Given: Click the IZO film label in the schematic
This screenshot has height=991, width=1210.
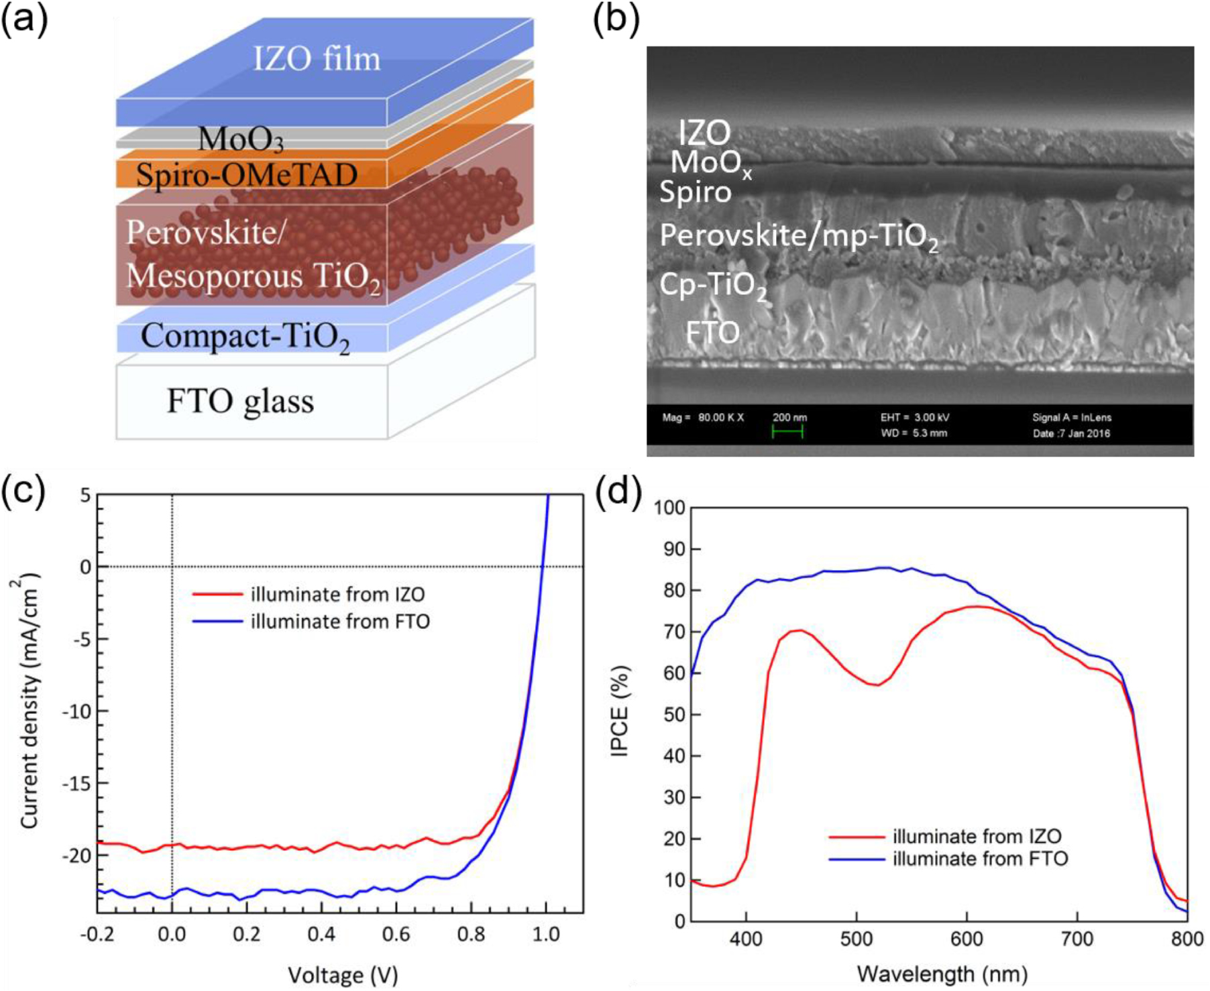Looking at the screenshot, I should coord(317,58).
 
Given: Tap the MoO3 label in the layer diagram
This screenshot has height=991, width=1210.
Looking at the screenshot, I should coord(241,139).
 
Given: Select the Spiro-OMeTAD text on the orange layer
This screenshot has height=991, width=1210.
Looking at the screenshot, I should coord(247,175).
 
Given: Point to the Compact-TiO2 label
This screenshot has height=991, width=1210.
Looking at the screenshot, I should coord(245,337).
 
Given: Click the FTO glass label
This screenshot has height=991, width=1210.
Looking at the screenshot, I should coord(240,402).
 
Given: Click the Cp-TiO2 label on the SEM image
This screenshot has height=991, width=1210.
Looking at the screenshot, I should coord(712,286).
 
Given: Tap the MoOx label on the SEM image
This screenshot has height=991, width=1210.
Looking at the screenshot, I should coord(710,163).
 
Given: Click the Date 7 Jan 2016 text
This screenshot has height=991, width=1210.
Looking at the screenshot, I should coord(1071,433).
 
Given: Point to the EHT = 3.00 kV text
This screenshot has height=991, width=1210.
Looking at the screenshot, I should coord(915,417).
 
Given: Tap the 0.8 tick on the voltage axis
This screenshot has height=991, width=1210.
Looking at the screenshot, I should coord(471,934).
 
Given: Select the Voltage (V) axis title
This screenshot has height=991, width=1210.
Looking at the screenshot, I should coord(343,974).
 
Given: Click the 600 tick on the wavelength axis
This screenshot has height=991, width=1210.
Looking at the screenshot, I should coord(967,939).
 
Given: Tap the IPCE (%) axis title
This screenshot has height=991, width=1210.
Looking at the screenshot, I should coord(620,711).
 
